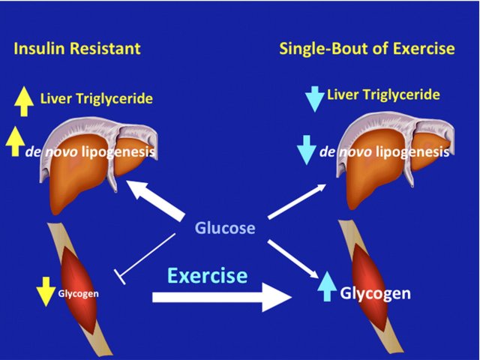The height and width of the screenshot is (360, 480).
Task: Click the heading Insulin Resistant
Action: click(77, 48)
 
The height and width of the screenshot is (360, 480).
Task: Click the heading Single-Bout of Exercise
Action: click(367, 48)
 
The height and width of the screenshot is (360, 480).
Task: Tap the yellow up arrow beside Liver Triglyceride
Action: click(24, 101)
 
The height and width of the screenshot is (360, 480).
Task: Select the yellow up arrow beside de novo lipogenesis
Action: click(15, 142)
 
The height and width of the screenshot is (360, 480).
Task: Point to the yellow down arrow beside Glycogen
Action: click(46, 292)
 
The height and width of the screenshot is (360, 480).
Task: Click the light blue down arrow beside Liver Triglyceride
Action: click(315, 99)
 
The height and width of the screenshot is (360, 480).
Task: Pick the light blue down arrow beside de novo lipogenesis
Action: click(307, 150)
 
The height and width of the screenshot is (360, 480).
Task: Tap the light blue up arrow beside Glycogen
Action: click(327, 286)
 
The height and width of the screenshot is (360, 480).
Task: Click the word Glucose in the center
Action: click(225, 228)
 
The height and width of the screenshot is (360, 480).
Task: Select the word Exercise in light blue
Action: click(207, 275)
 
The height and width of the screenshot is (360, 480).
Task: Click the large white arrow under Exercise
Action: click(222, 297)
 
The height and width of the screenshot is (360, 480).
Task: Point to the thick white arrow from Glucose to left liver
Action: click(155, 200)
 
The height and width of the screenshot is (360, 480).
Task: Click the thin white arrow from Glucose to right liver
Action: click(297, 202)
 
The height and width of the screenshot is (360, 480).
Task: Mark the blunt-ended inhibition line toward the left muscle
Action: click(145, 258)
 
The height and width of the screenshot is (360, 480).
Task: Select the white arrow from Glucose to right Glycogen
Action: click(293, 259)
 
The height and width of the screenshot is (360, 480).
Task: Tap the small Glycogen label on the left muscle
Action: click(78, 293)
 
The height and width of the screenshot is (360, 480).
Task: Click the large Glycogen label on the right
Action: click(375, 293)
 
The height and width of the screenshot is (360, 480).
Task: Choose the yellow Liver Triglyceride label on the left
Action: click(97, 98)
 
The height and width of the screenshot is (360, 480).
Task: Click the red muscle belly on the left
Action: click(79, 289)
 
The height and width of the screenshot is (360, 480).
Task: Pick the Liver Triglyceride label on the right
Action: click(383, 94)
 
